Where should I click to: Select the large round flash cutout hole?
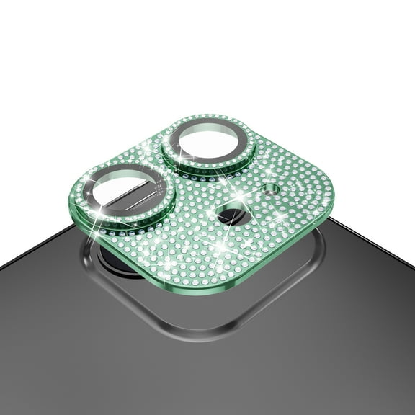tap(230, 214)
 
